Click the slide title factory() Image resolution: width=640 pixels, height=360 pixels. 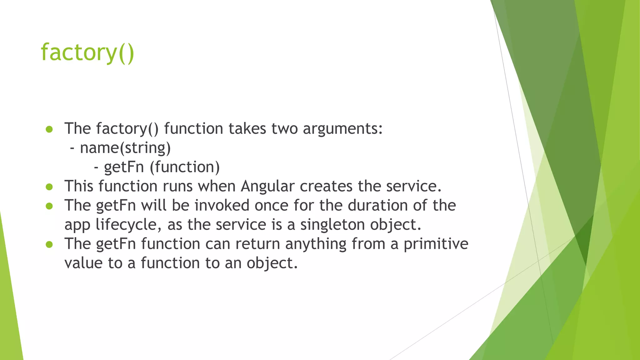87,52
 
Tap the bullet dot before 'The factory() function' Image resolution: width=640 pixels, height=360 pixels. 49,129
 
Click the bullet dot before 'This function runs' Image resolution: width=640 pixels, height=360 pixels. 49,187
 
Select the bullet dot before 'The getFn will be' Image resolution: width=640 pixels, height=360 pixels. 49,206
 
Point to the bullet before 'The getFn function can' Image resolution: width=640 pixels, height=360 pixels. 49,244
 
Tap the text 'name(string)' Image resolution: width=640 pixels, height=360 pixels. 125,148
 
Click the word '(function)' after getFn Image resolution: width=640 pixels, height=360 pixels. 185,167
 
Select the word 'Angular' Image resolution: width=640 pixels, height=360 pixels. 267,187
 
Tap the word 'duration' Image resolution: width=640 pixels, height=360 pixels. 377,206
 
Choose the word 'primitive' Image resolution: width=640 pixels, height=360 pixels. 436,244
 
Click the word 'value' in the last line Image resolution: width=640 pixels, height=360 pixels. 83,263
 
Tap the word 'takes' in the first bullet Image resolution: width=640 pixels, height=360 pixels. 247,129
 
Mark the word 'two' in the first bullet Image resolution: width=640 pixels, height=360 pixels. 284,129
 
